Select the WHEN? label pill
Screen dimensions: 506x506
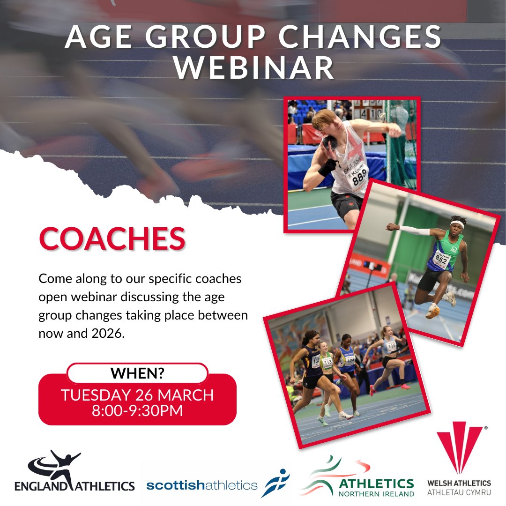pos(137,373)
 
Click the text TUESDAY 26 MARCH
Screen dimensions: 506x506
pos(137,395)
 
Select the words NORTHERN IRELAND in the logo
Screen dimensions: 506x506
pos(376,493)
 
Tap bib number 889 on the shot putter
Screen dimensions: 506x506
pos(360,179)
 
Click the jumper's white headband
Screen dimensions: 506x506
pos(457,224)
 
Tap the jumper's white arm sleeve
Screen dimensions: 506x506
pos(414,231)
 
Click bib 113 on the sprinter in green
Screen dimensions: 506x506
pos(327,362)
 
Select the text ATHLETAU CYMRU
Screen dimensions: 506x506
pos(459,493)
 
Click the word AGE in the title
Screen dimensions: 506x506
pos(99,37)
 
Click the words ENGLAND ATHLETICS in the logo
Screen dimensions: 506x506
pos(74,485)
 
